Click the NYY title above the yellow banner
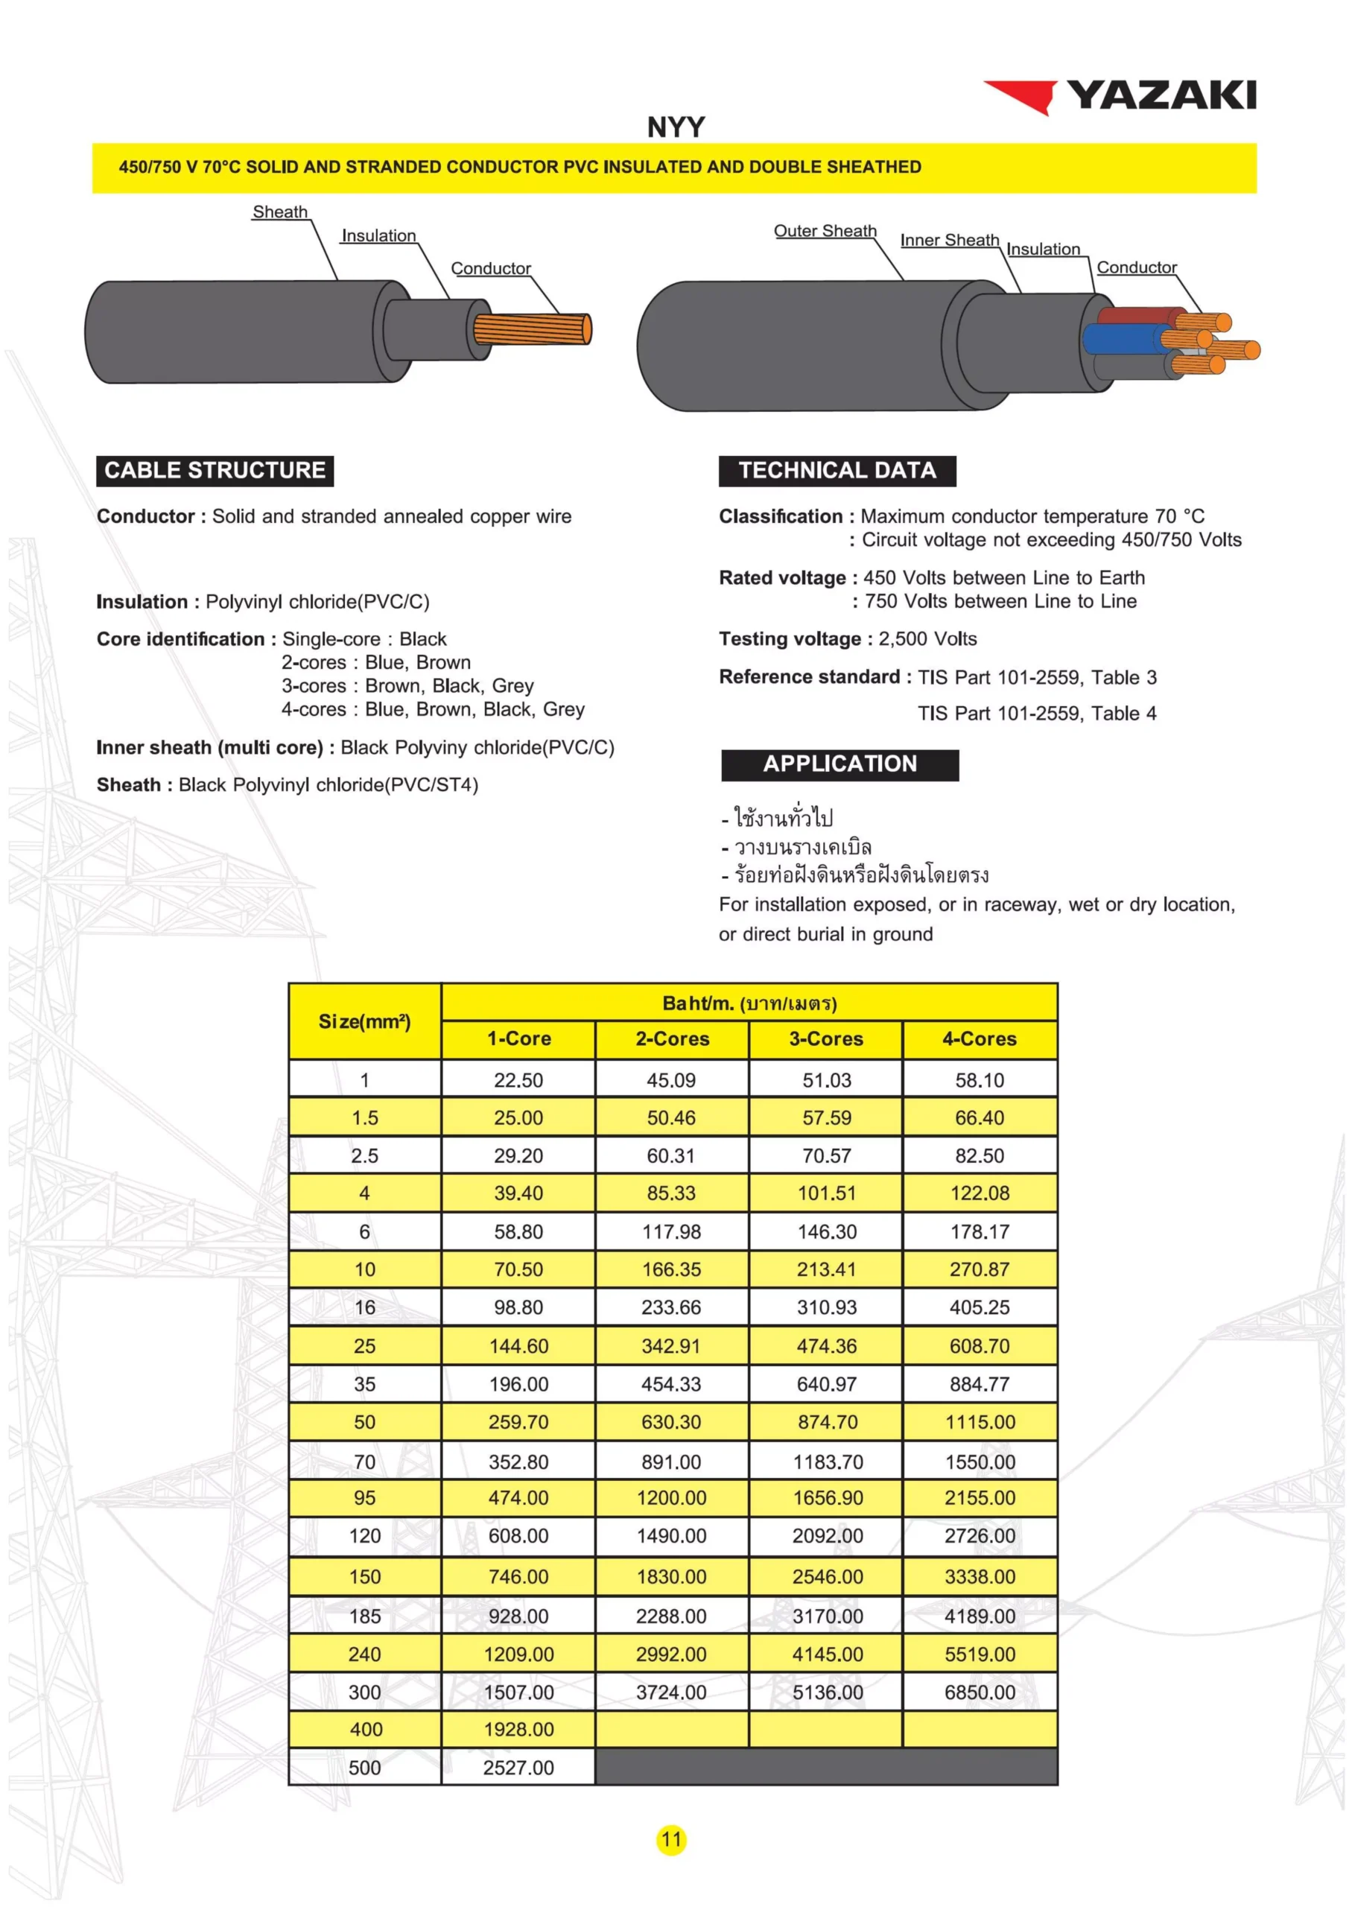(676, 127)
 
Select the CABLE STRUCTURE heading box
(215, 470)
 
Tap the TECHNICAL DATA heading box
(837, 470)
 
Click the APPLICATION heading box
(839, 764)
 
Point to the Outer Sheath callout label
(825, 231)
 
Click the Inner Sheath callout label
(950, 240)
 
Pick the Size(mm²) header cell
(365, 1021)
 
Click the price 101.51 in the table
(827, 1193)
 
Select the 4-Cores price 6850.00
(980, 1692)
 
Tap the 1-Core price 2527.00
(518, 1768)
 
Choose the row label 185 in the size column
(365, 1616)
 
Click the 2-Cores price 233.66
(671, 1307)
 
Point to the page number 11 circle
(671, 1840)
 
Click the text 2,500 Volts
(927, 638)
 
